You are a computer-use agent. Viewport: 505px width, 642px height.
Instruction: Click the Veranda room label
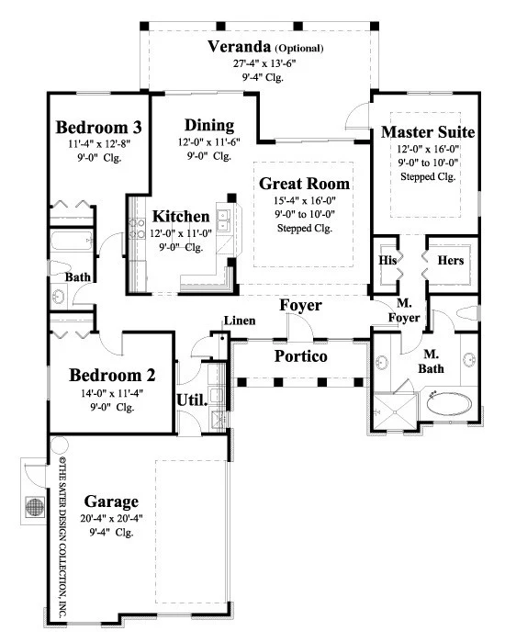239,47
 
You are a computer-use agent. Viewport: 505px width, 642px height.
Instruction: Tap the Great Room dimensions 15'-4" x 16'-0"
305,200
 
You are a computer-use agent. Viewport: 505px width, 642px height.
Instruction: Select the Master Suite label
428,132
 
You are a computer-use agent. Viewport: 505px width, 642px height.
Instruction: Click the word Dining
209,126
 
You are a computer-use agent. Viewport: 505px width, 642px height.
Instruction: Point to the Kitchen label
181,216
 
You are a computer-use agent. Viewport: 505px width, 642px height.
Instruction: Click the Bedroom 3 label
98,128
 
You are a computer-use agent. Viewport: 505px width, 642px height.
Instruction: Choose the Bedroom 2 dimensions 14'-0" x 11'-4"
112,393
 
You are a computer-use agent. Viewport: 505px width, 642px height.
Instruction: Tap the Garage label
111,502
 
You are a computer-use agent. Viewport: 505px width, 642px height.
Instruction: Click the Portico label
301,356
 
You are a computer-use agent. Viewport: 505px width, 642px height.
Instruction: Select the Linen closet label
240,321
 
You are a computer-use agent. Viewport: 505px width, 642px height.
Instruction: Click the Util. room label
192,400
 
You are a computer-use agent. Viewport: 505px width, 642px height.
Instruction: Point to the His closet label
387,261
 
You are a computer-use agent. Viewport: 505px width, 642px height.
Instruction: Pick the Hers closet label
451,261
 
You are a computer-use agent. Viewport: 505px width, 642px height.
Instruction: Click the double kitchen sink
223,220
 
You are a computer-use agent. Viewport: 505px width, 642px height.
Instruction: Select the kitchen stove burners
137,229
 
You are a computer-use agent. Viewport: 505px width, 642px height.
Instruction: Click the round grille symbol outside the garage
35,507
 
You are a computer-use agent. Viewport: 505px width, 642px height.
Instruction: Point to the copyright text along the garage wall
62,537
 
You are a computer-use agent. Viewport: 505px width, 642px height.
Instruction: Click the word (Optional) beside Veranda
299,49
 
